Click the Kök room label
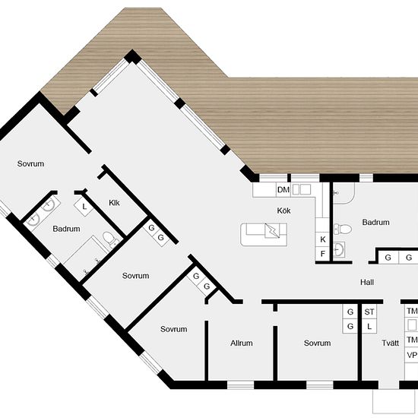point(283,211)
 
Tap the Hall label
point(367,282)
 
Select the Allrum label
point(241,343)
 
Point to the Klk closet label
point(114,203)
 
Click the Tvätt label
point(391,343)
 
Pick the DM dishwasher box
point(283,190)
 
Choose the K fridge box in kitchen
point(322,239)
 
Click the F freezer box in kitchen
point(322,253)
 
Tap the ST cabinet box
point(369,312)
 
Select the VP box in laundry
point(412,355)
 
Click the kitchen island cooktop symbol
point(272,230)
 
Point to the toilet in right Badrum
point(343,229)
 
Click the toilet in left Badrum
point(109,239)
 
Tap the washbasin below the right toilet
point(339,249)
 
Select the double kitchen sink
point(302,190)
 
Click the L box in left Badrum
point(84,207)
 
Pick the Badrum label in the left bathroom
point(66,229)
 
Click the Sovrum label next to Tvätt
point(317,343)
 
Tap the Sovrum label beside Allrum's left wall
point(173,329)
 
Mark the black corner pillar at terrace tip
point(132,57)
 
